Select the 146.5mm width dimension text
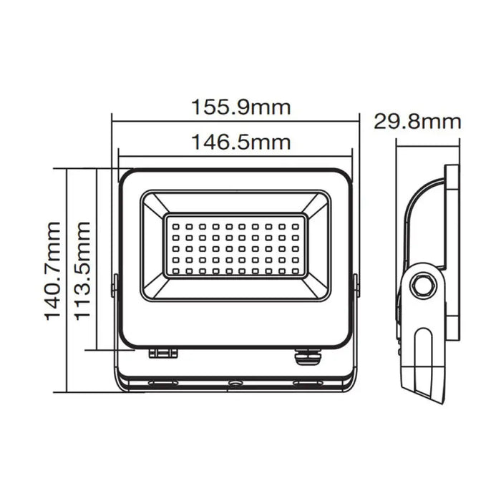(x=240, y=142)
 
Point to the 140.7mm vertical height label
(x=54, y=281)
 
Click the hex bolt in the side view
(x=423, y=285)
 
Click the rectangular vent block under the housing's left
(x=162, y=353)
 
